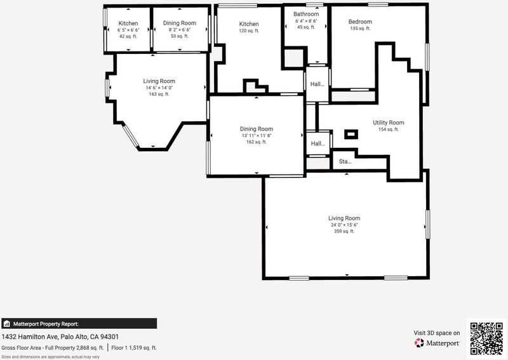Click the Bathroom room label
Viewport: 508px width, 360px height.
[306, 14]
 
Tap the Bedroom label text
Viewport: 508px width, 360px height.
[360, 22]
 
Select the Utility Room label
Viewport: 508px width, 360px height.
[389, 123]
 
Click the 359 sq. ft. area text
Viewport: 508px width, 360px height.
[344, 231]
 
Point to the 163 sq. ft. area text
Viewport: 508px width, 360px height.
[159, 94]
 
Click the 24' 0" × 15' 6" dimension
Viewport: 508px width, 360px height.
[344, 225]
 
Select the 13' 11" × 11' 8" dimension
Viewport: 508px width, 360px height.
[257, 135]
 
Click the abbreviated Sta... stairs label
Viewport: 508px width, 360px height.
[345, 161]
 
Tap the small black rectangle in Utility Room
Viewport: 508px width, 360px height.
[351, 134]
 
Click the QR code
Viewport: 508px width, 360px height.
[486, 338]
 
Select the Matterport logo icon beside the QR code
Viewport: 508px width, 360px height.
[419, 343]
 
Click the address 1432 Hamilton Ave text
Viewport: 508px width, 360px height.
[30, 337]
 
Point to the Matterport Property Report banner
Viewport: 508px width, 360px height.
[79, 324]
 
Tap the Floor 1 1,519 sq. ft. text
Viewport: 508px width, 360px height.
[134, 348]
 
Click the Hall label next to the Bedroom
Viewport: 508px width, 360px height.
[317, 84]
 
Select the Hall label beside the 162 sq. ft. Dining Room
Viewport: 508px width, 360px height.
[318, 143]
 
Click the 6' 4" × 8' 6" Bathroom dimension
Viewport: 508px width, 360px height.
[306, 21]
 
